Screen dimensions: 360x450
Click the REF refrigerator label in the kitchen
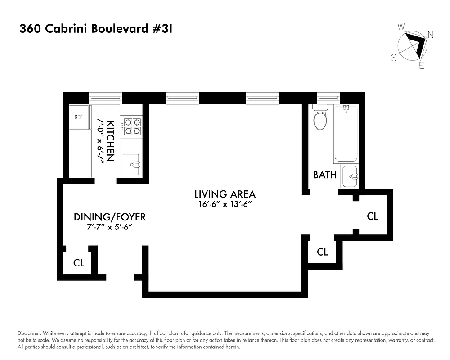(x=78, y=117)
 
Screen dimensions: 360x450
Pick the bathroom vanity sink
(x=350, y=176)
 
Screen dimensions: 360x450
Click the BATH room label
(x=325, y=175)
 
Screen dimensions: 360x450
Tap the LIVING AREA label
(x=225, y=194)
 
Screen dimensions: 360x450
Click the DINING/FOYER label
(x=110, y=217)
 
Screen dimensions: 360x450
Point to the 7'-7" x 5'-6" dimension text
(x=110, y=228)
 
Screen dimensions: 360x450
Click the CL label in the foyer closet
(x=79, y=263)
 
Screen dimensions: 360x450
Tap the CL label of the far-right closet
(x=372, y=216)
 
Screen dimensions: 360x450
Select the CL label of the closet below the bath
(x=322, y=252)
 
